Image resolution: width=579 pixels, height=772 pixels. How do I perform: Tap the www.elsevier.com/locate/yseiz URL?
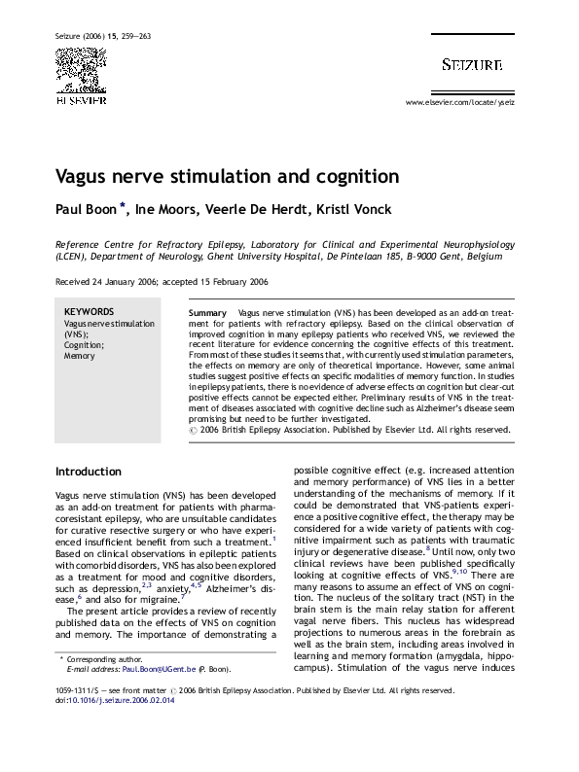pyautogui.click(x=459, y=102)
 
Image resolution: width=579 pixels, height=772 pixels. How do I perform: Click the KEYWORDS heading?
pyautogui.click(x=88, y=312)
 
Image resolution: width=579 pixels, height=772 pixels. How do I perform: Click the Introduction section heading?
pyautogui.click(x=88, y=472)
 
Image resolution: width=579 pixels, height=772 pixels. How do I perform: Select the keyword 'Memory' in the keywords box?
pyautogui.click(x=80, y=356)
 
